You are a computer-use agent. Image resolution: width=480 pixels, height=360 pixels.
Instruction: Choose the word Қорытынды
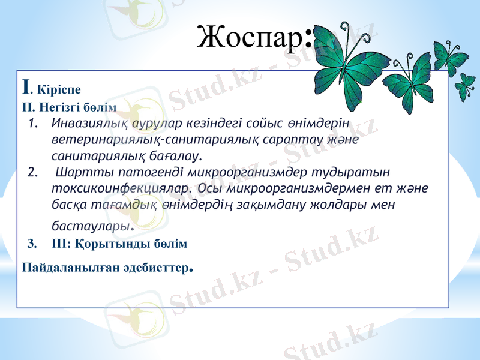point(124,244)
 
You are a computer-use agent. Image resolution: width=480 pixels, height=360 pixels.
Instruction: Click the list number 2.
point(33,174)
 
